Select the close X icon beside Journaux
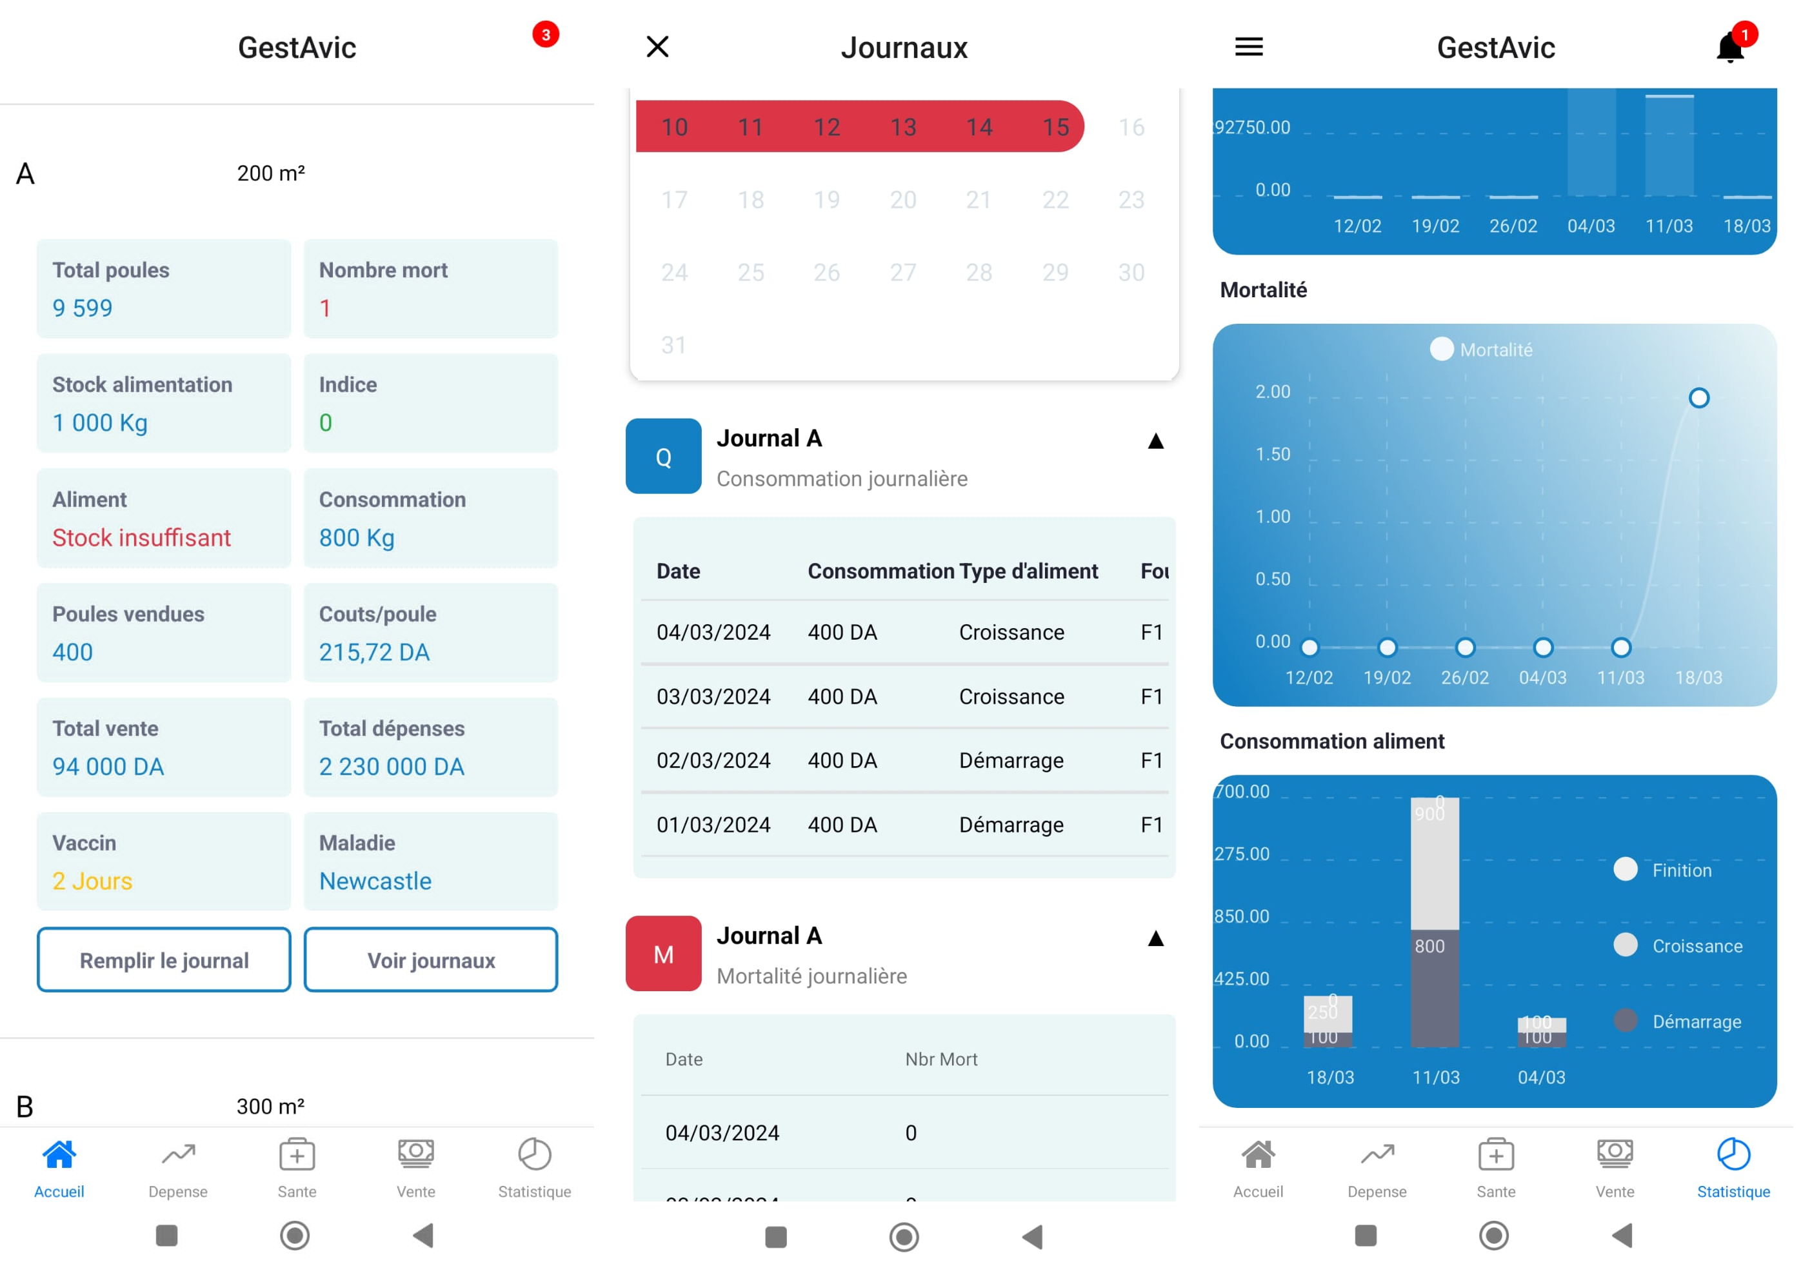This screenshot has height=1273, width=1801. [x=657, y=47]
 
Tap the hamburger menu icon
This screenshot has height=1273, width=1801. [x=1249, y=47]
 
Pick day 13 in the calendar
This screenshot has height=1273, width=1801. [x=903, y=127]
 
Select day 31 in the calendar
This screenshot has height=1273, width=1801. [x=674, y=345]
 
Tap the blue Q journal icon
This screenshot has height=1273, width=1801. [x=664, y=457]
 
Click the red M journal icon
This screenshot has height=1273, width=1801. [x=664, y=954]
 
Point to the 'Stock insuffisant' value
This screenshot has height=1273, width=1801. [x=142, y=538]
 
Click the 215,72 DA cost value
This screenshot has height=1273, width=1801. [x=374, y=653]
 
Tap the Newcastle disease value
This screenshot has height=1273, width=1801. [x=375, y=882]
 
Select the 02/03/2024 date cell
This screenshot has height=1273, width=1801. [x=713, y=761]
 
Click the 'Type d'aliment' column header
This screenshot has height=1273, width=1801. [x=1031, y=571]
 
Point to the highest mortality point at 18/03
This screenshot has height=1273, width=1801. [x=1699, y=399]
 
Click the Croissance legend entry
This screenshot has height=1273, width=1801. [x=1697, y=946]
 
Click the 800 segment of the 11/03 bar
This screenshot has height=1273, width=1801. [x=1435, y=988]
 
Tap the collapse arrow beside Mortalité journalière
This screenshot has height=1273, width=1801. [x=1155, y=939]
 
